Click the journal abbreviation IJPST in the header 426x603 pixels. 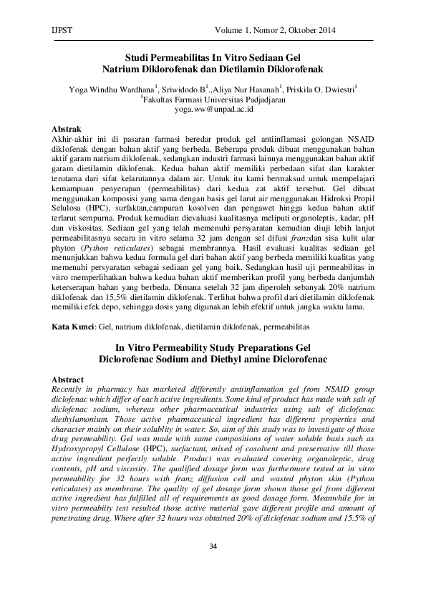coord(64,31)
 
